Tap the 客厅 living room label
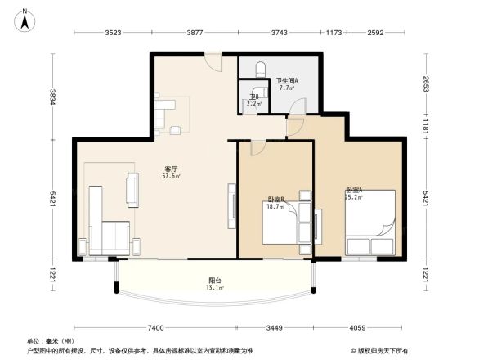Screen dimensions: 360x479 pyautogui.click(x=171, y=169)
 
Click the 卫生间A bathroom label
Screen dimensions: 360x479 pyautogui.click(x=286, y=80)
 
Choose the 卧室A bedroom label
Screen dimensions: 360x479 pyautogui.click(x=353, y=190)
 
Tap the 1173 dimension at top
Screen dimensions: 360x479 pyautogui.click(x=334, y=33)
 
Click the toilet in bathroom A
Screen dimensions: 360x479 pyautogui.click(x=261, y=68)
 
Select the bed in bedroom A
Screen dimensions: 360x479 pyautogui.click(x=370, y=223)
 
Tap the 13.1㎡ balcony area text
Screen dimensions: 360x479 pyautogui.click(x=214, y=288)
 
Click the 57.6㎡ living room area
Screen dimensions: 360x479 pyautogui.click(x=171, y=176)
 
